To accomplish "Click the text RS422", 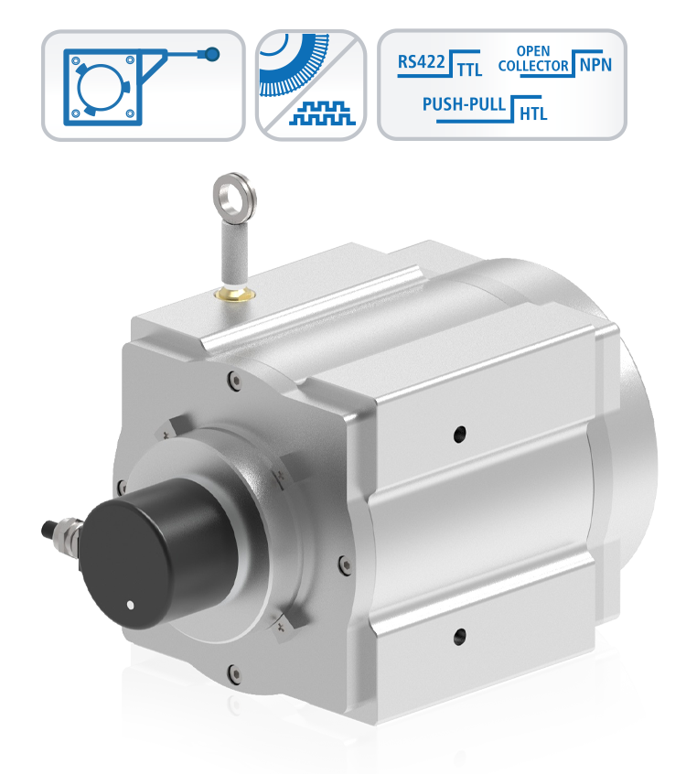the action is click(x=421, y=62).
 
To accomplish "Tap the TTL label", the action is click(x=469, y=70).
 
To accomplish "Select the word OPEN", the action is click(x=533, y=51).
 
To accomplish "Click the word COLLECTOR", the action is click(x=533, y=66).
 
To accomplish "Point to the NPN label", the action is click(x=595, y=65).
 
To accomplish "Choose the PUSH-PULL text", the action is click(x=464, y=104).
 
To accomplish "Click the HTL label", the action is click(x=533, y=114).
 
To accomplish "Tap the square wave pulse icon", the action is click(x=322, y=113).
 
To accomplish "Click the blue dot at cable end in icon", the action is click(x=212, y=54).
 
